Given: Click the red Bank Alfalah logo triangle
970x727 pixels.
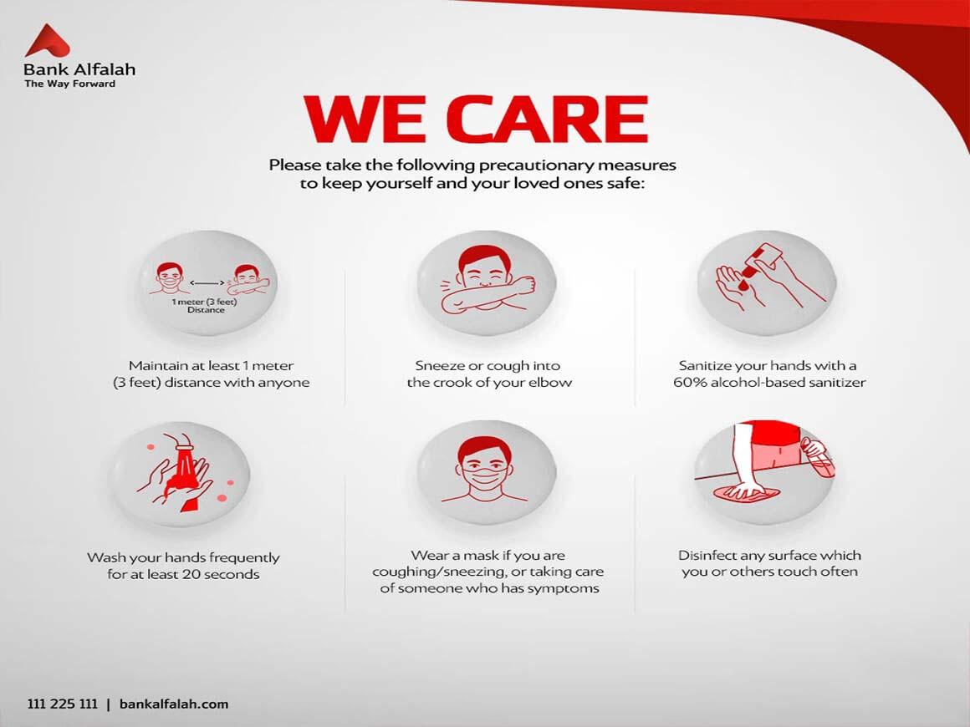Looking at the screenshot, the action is (x=47, y=42).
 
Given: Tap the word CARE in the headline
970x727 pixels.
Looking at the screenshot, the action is (x=547, y=119).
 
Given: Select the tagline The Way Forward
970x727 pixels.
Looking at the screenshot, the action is (x=70, y=84).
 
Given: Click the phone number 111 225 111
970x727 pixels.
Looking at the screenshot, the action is (x=63, y=704).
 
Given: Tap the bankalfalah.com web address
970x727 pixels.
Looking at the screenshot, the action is (x=174, y=704).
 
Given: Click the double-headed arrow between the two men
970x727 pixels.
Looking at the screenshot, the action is (x=207, y=282).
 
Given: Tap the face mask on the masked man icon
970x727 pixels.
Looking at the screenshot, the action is (x=486, y=477).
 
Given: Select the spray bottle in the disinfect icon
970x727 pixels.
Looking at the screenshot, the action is (x=817, y=456).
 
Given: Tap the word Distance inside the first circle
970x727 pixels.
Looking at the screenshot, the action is (x=206, y=310).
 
